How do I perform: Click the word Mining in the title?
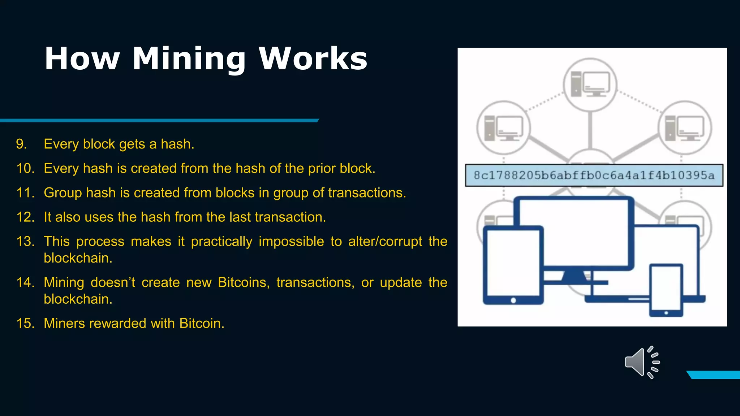coord(189,60)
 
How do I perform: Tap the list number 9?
coord(21,144)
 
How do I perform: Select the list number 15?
coord(25,323)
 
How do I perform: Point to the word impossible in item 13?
coord(291,241)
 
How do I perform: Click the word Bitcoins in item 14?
coord(244,282)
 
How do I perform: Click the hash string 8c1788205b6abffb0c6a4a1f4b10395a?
coord(594,175)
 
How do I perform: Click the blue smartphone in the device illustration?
coord(666,290)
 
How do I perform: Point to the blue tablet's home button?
coord(513,300)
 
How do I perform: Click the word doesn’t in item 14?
coord(113,282)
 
